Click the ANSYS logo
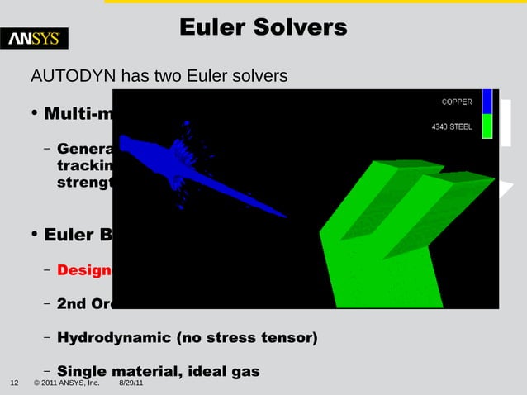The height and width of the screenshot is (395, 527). (x=38, y=38)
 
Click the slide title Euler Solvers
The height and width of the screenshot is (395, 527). (x=263, y=28)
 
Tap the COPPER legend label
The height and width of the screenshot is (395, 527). (x=457, y=102)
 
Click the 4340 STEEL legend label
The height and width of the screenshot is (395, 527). (x=452, y=127)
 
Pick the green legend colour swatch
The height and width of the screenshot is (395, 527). (x=487, y=126)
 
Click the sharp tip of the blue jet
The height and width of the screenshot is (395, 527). (x=285, y=217)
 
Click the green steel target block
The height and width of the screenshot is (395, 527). (x=388, y=240)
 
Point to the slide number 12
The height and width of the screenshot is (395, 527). (x=14, y=384)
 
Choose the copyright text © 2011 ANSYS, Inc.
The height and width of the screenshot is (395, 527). (x=66, y=384)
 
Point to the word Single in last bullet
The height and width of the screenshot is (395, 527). (x=83, y=371)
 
